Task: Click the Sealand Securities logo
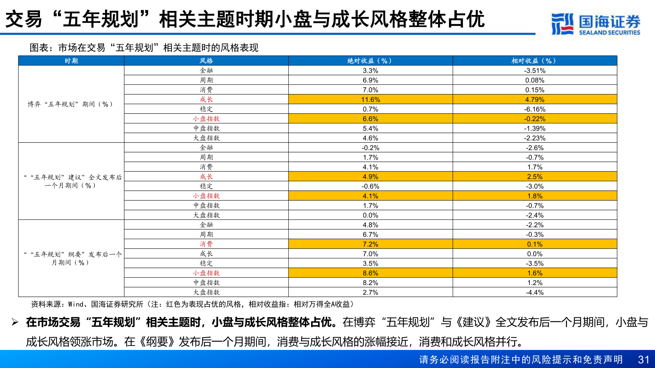(596, 24)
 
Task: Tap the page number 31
(643, 360)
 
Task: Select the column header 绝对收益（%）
(370, 61)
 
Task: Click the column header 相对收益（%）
(534, 61)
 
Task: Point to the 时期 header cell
(71, 61)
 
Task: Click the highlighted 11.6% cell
(370, 99)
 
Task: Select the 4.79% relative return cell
(535, 99)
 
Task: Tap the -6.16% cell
(535, 109)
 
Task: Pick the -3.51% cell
(535, 71)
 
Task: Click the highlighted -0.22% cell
(535, 119)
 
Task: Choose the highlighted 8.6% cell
(370, 273)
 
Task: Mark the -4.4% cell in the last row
(535, 292)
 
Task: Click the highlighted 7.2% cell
(370, 244)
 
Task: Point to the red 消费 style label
(206, 244)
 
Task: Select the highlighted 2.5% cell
(535, 177)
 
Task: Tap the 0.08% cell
(535, 80)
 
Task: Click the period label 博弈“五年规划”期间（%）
(70, 104)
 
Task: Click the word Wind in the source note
(76, 304)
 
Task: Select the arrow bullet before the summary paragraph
(15, 322)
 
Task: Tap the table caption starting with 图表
(144, 48)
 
